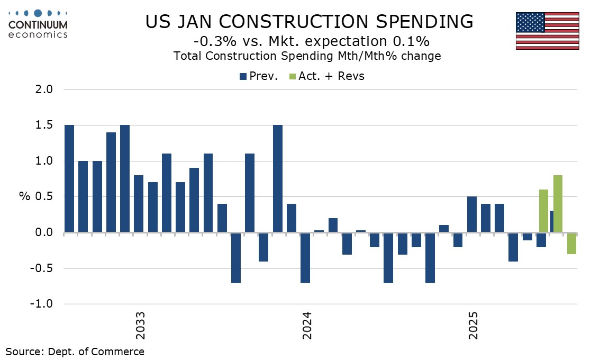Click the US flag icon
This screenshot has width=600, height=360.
click(548, 31)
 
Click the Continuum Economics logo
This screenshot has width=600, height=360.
click(39, 24)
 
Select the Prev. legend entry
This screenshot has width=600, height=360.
click(259, 76)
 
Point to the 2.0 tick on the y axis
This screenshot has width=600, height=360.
click(46, 89)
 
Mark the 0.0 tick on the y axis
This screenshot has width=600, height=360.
click(46, 232)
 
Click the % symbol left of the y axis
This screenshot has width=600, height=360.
click(25, 197)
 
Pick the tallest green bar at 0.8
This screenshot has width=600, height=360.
click(557, 204)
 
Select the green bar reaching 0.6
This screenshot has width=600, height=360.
click(543, 211)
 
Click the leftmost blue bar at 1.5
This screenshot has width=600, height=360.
click(69, 179)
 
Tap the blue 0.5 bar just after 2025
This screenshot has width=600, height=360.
click(472, 214)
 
